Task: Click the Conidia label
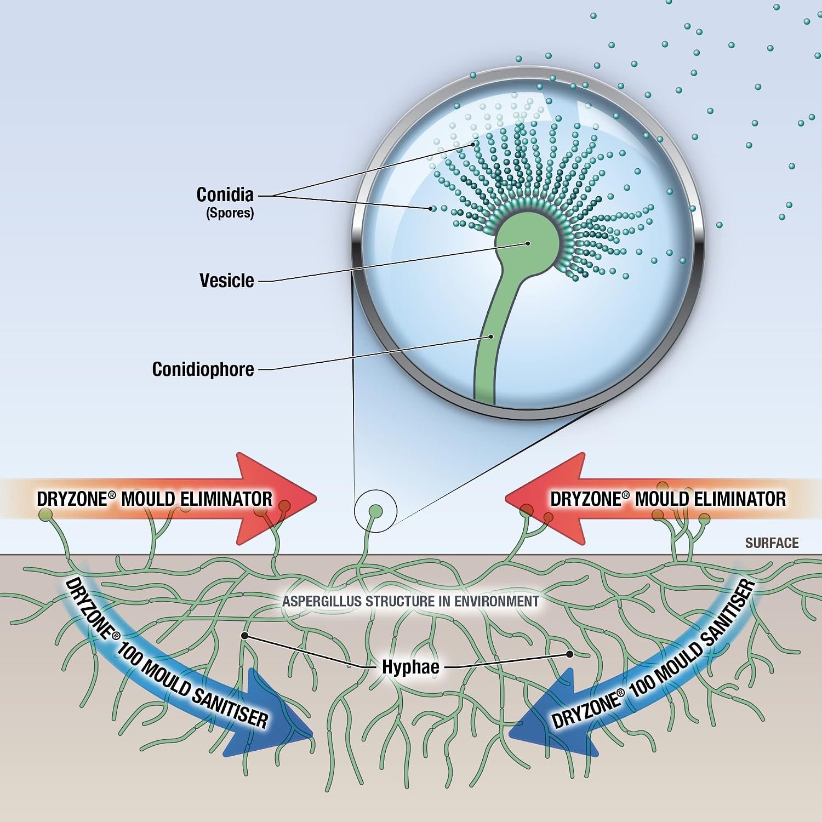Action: pos(225,195)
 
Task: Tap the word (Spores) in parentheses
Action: pos(230,213)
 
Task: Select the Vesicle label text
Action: pos(227,281)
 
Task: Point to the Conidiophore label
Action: pos(203,369)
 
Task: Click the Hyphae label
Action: pos(411,667)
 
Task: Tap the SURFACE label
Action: pos(772,543)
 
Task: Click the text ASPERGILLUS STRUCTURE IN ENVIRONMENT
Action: pos(410,601)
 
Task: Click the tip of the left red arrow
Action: pos(317,498)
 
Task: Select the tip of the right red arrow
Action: pos(505,498)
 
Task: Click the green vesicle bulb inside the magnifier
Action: pos(528,243)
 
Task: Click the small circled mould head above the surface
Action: pos(375,511)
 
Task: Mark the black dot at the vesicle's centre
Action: pos(528,243)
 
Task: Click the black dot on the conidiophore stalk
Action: pos(492,336)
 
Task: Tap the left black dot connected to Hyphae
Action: pos(244,636)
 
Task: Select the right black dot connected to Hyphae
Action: pos(570,654)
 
